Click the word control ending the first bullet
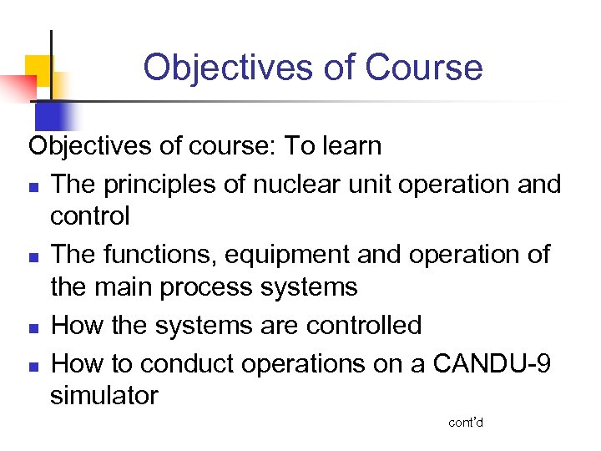(x=90, y=216)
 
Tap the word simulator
(x=104, y=395)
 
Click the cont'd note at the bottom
(x=466, y=423)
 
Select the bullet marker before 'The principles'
(x=33, y=185)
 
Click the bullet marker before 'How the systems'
(x=33, y=327)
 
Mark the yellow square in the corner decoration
(x=39, y=67)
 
